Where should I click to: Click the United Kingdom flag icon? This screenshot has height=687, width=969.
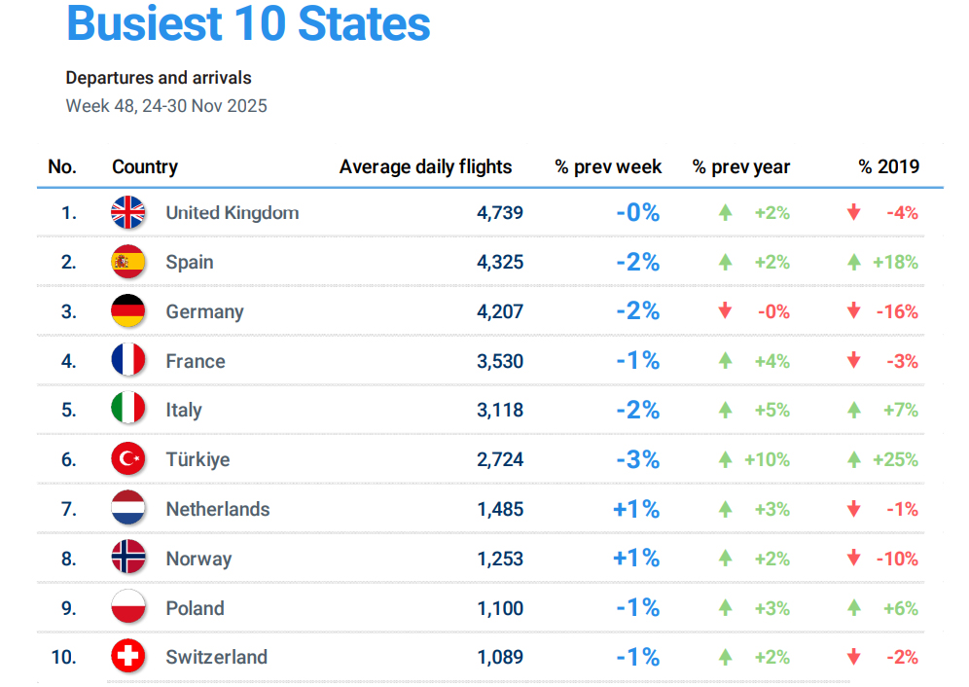pos(128,212)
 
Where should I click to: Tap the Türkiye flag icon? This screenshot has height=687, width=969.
pos(128,459)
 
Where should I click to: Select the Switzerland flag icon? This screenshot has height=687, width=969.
pos(128,657)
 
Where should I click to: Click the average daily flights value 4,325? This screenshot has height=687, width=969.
pos(500,263)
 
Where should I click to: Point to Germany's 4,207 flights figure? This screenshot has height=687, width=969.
pos(500,312)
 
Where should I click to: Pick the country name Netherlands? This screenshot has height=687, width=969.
pos(217,509)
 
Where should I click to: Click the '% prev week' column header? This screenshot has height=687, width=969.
pos(608,167)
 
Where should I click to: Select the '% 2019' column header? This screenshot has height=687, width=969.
pos(888,167)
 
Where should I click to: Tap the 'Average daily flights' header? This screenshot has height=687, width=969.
pos(425,167)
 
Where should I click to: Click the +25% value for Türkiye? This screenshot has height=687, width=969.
pos(895,459)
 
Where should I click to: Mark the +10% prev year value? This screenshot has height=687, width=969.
pos(767,459)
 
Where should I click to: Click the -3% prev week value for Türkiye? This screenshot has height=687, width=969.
pos(638,459)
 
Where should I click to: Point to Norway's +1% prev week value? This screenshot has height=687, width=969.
pos(636,559)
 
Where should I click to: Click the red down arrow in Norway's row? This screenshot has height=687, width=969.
pos(853,559)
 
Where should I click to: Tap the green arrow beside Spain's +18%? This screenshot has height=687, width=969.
pos(853,263)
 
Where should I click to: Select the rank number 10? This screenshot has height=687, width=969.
pos(63,657)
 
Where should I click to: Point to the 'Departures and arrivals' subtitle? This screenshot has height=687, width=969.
pos(159,78)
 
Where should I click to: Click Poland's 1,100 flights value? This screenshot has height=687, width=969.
pos(500,608)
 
